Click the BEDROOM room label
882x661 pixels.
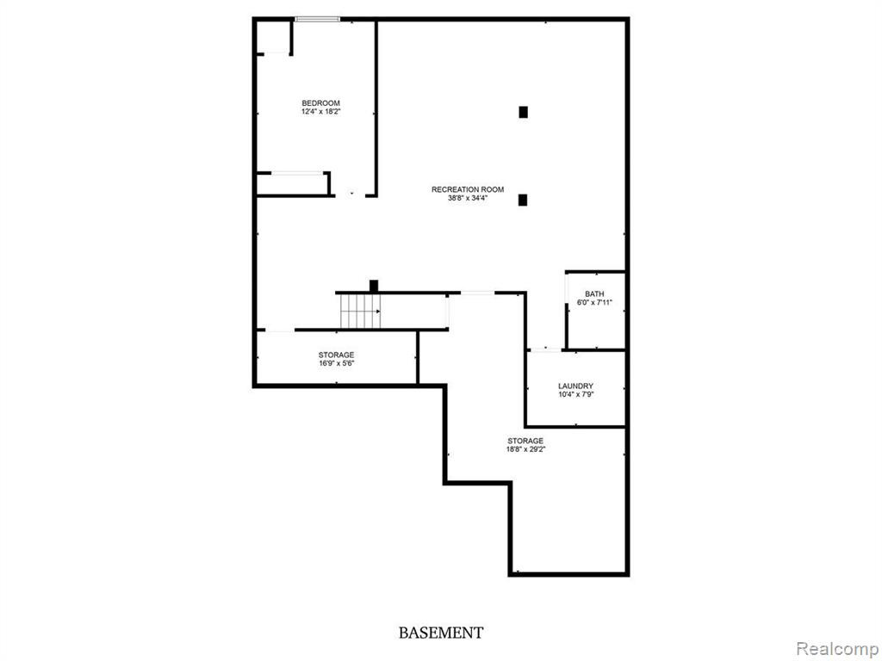coord(320,103)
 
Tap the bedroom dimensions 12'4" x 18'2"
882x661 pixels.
coord(320,112)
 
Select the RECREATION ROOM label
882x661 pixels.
coord(468,189)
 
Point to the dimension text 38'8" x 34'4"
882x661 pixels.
coord(468,199)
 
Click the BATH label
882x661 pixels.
coord(594,293)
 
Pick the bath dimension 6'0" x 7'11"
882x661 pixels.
coord(594,303)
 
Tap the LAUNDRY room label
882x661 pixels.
coord(575,386)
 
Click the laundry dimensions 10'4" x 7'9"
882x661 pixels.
coord(575,395)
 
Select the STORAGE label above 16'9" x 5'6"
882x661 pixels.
coord(336,355)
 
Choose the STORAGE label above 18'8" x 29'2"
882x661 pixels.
coord(525,441)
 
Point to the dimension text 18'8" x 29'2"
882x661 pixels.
coord(525,449)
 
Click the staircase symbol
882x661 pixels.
coord(360,311)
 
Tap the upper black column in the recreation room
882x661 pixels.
coord(523,111)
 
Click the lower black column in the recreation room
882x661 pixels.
coord(523,200)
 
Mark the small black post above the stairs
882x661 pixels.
coord(374,286)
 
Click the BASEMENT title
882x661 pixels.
coord(440,633)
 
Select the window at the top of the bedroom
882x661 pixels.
coord(317,19)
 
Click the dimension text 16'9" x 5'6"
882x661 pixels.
coord(336,363)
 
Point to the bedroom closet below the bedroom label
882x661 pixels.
coord(293,184)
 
